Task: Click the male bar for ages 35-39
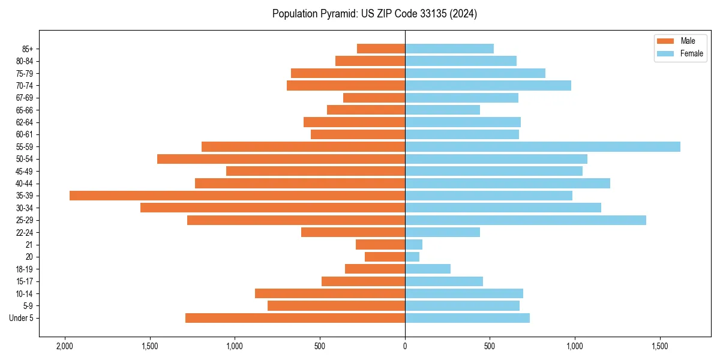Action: tap(237, 196)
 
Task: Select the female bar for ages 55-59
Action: tap(542, 147)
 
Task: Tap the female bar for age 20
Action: tap(412, 257)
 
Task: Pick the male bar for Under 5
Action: tap(295, 318)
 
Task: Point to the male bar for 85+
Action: tap(381, 49)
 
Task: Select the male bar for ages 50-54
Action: tap(281, 159)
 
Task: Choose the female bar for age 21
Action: tap(413, 245)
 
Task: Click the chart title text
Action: tap(374, 14)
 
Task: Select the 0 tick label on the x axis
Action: tap(405, 346)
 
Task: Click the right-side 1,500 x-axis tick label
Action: tap(659, 346)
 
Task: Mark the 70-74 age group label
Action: tap(25, 86)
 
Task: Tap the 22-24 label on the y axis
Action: tap(25, 233)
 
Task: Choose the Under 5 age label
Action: tap(22, 318)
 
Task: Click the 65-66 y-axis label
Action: tap(25, 110)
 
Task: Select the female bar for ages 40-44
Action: tap(508, 184)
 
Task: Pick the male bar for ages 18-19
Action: tap(375, 269)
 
